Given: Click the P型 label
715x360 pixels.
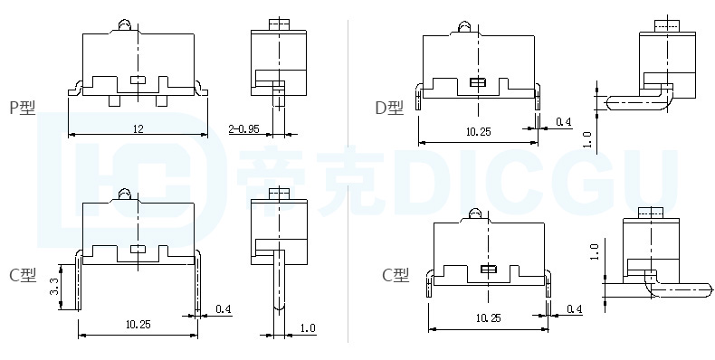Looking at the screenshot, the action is [x=23, y=108].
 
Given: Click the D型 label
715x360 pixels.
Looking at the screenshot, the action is [x=389, y=108].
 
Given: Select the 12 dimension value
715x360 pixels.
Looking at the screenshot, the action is [x=138, y=129].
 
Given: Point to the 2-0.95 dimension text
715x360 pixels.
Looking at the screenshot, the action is [x=243, y=129].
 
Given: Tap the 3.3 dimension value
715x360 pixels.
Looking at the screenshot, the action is [x=53, y=286].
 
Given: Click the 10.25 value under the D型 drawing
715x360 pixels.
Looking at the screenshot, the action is [x=479, y=132].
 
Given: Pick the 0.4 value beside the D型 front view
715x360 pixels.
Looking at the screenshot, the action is [x=564, y=122].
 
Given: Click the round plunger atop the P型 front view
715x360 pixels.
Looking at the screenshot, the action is [x=125, y=25].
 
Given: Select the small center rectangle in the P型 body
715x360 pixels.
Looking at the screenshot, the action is [x=138, y=81].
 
